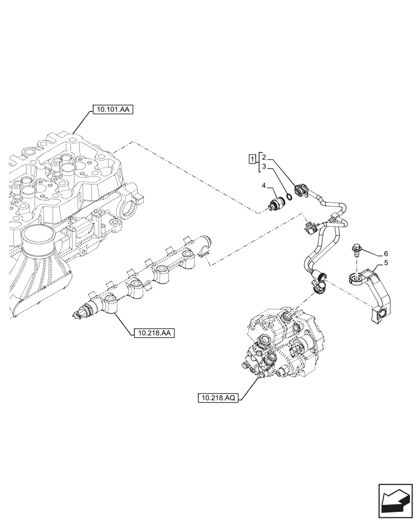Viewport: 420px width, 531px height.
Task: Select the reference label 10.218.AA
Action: coord(153,333)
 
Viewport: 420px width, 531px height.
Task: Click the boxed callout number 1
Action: coord(253,158)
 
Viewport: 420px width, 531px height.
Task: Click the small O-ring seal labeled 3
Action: coord(289,198)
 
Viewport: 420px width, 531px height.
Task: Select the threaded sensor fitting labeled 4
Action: coord(276,205)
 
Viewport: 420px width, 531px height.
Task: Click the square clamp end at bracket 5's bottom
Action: coord(381,315)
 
